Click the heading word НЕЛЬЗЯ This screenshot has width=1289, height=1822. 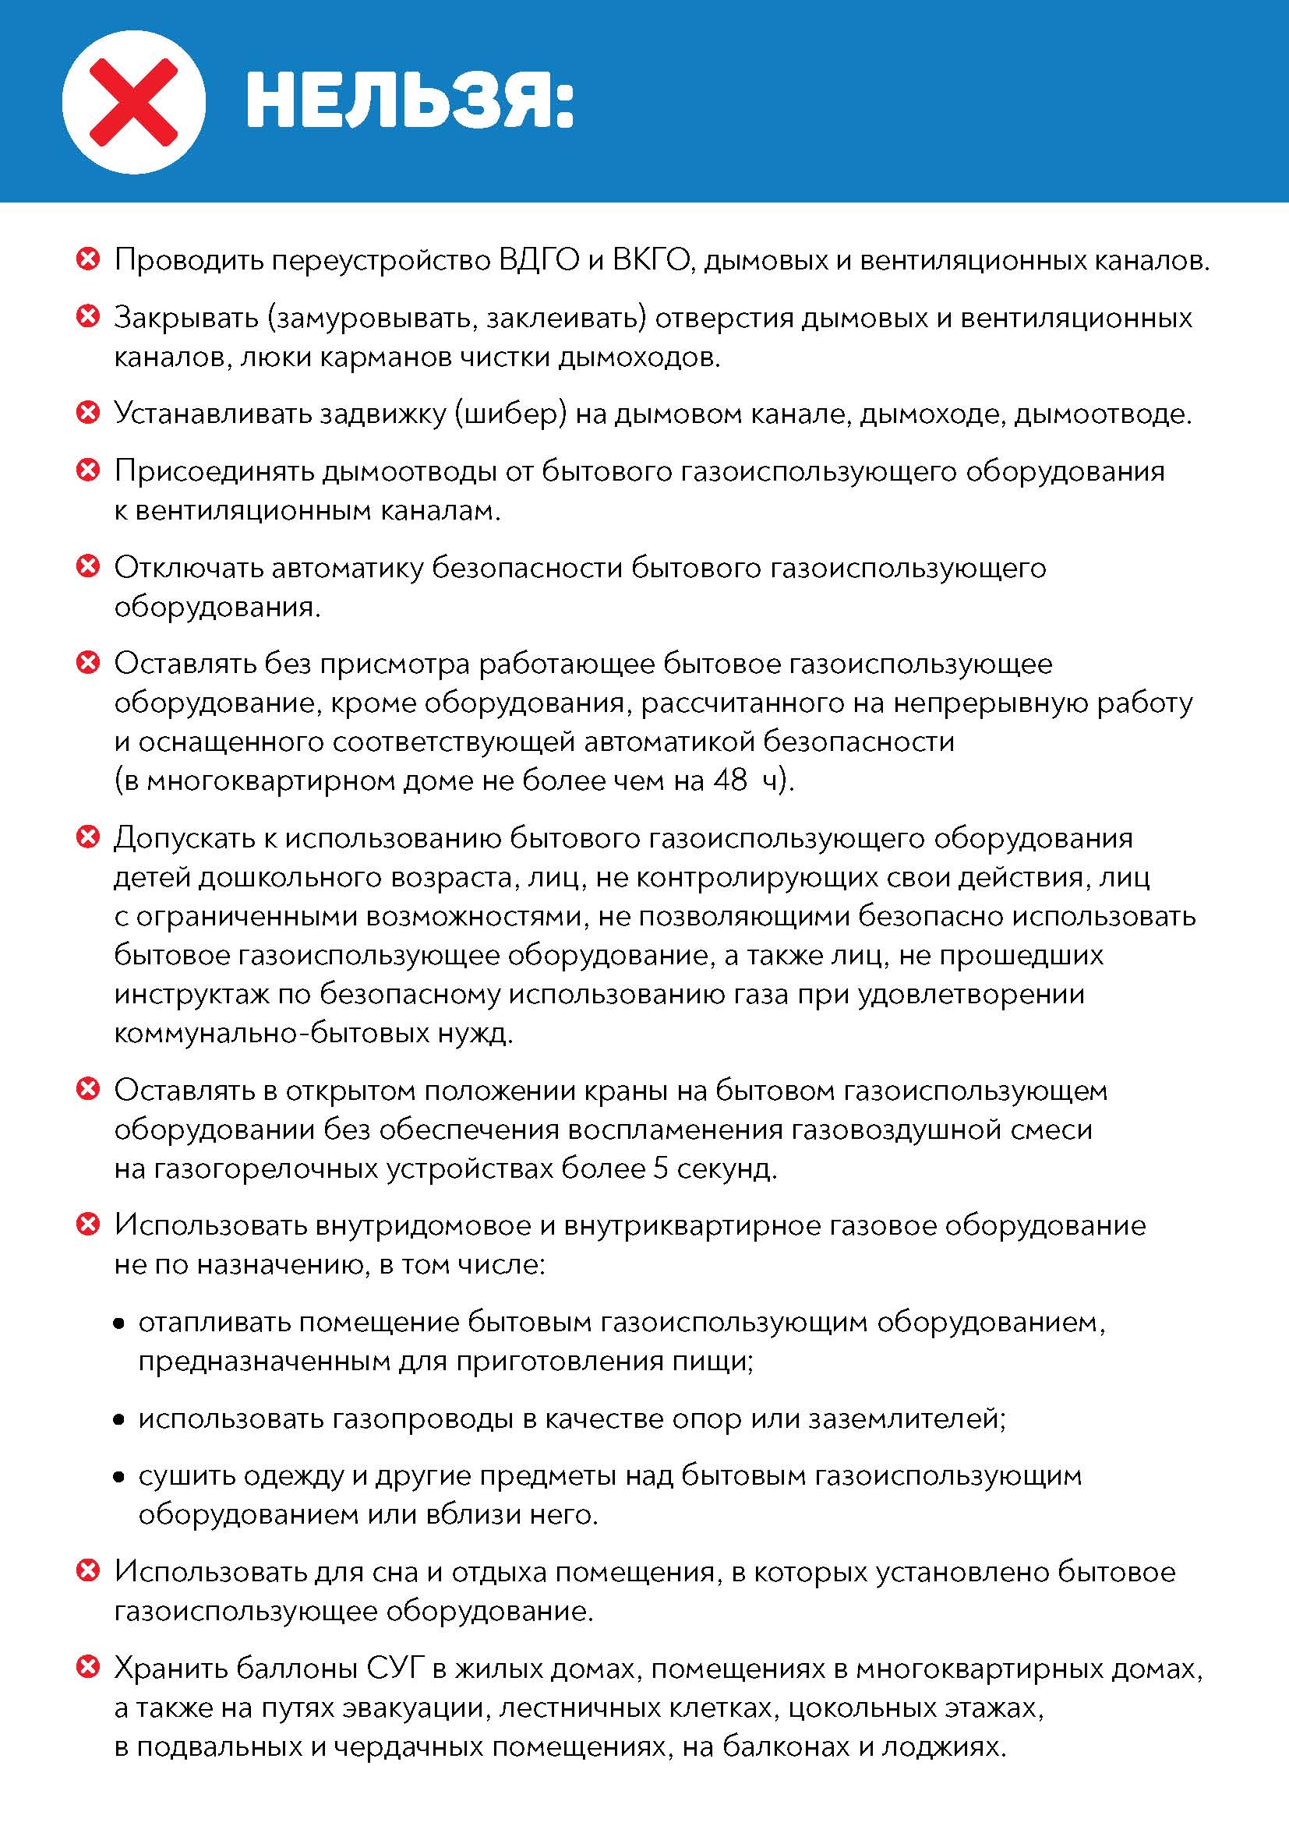click(409, 101)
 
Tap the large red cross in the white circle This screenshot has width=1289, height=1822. click(133, 102)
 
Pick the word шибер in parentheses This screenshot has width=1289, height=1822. click(511, 414)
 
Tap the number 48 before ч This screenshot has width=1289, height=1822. click(730, 781)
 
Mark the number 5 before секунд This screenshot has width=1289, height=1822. click(660, 1169)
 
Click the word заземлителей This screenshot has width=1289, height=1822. click(906, 1418)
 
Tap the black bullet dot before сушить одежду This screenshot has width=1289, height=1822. click(119, 1477)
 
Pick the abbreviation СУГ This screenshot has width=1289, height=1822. click(394, 1669)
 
